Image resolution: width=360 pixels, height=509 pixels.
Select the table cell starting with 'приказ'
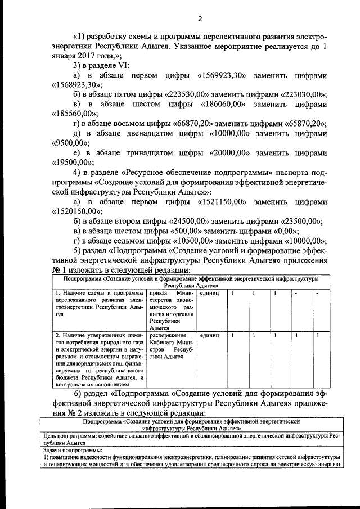pyautogui.click(x=171, y=311)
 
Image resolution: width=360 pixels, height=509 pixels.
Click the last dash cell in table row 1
pyautogui.click(x=318, y=294)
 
